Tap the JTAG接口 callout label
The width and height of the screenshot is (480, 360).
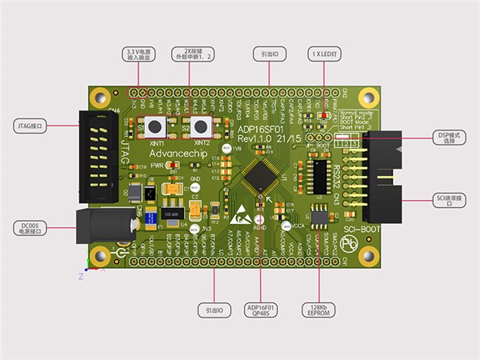click(x=33, y=126)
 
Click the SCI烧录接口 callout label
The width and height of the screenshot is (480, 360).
click(x=451, y=200)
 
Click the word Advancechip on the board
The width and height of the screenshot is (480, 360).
click(x=176, y=151)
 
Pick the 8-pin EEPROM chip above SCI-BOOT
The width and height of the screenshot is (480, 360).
click(x=320, y=215)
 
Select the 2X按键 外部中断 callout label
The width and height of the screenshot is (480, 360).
click(x=190, y=54)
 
